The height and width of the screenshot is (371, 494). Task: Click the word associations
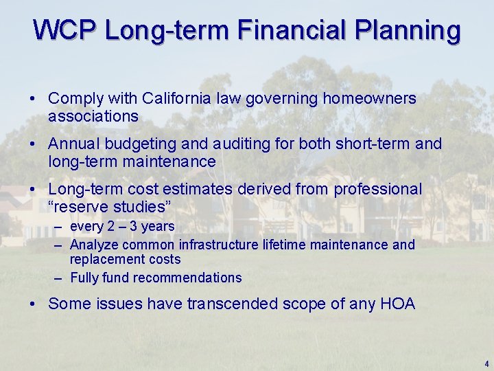(x=93, y=117)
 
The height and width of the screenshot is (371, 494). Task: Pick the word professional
(x=377, y=190)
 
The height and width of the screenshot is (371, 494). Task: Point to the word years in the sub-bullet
(x=158, y=227)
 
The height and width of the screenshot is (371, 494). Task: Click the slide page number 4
(x=486, y=363)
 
